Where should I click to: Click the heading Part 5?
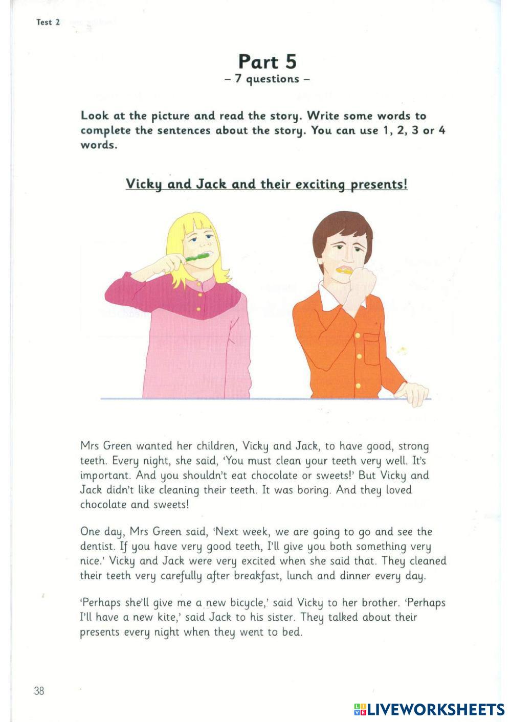pyautogui.click(x=267, y=62)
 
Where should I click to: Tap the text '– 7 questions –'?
pyautogui.click(x=267, y=79)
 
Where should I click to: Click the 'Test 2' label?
pyautogui.click(x=48, y=22)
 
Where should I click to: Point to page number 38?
pyautogui.click(x=39, y=691)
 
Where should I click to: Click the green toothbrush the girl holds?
pyautogui.click(x=197, y=257)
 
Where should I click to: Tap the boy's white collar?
pyautogui.click(x=327, y=295)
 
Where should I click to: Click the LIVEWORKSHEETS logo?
pyautogui.click(x=429, y=709)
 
